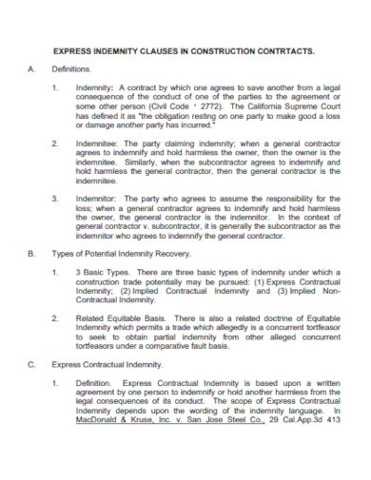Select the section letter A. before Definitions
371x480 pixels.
pos(30,70)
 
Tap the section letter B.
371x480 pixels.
pos(30,255)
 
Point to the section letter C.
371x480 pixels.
pos(30,363)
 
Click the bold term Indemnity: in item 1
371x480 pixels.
pos(95,87)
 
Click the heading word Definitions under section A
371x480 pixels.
pos(70,70)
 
